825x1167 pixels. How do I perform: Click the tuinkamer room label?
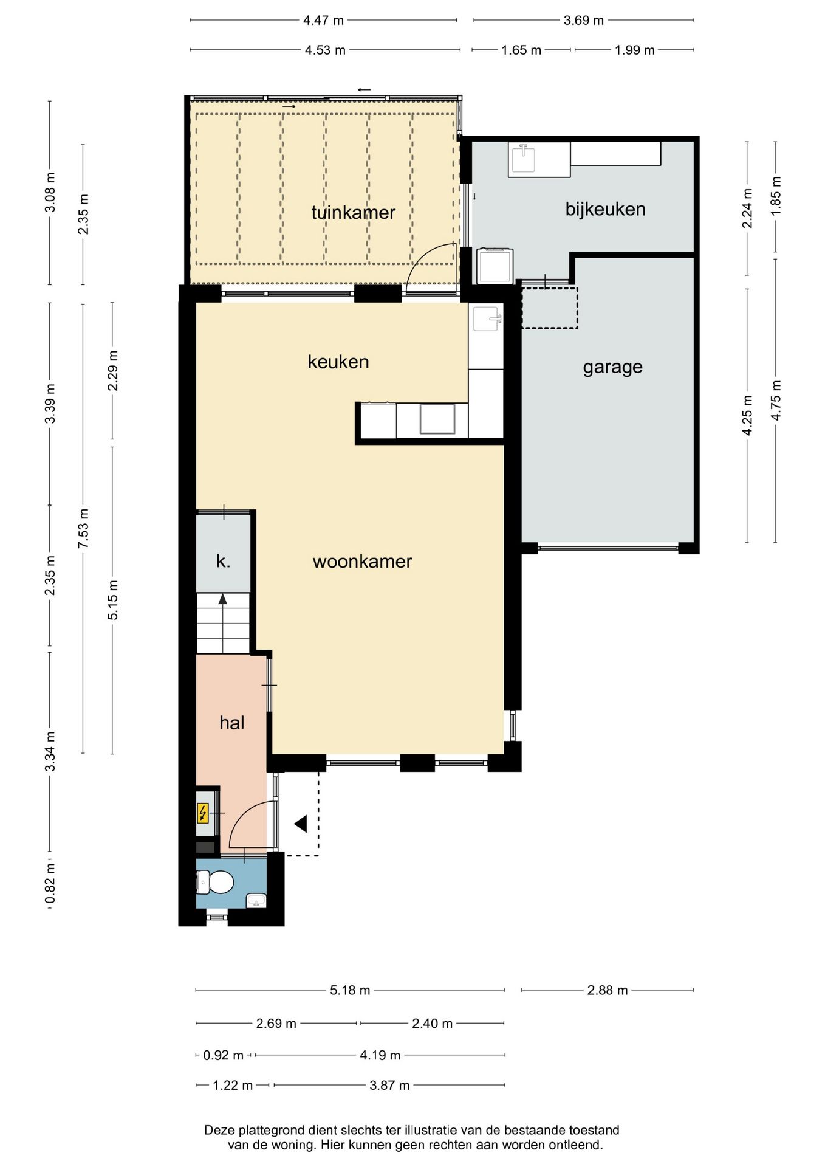tap(353, 212)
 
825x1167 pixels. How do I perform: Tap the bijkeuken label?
tap(605, 209)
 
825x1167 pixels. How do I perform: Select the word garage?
tap(612, 368)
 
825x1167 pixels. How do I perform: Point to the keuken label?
tap(338, 362)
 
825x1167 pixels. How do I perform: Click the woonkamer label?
tap(362, 561)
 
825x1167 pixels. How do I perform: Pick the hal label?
tap(231, 722)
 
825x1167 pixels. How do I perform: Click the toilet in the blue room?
tap(215, 882)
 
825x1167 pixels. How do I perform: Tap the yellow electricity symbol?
tap(203, 813)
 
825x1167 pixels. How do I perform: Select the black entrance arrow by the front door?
tap(301, 824)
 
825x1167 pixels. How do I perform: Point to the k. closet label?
tap(223, 561)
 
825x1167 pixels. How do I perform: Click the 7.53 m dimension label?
tap(83, 528)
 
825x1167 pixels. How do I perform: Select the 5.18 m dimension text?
tap(350, 990)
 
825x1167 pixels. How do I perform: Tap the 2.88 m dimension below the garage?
tap(608, 990)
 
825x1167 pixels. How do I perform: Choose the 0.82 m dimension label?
tap(50, 883)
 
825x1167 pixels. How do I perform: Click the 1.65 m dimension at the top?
tap(521, 50)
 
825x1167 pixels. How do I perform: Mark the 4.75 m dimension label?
tap(776, 400)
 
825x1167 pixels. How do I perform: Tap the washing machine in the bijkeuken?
tap(495, 266)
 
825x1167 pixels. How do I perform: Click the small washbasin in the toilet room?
tap(256, 901)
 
